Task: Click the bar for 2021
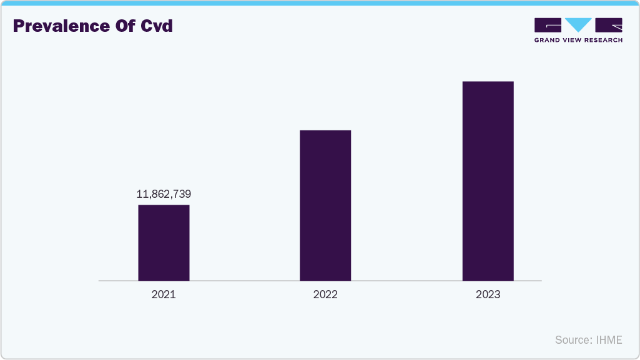(x=164, y=243)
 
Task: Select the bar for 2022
(x=325, y=205)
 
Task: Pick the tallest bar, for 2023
(x=488, y=181)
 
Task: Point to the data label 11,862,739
(x=164, y=194)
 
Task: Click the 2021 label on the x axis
(x=164, y=294)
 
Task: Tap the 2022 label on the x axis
(x=325, y=294)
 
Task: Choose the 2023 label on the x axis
(x=488, y=294)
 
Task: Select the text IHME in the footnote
(x=609, y=340)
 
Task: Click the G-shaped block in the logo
(x=548, y=25)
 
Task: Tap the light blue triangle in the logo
(x=578, y=25)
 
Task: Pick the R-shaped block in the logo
(x=609, y=25)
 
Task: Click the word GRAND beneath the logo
(x=548, y=40)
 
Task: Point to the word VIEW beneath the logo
(x=573, y=40)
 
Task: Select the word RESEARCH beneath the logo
(x=603, y=40)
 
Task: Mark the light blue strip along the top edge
(x=320, y=2)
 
